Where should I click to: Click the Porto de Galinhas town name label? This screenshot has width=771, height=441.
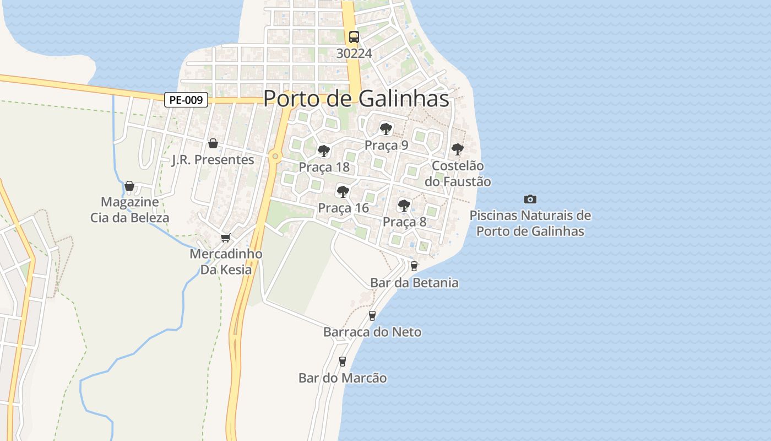coord(356,99)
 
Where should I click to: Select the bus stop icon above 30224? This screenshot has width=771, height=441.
coord(354,37)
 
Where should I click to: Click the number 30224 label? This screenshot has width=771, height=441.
coord(354,53)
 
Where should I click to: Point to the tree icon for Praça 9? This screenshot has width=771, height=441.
coord(385,129)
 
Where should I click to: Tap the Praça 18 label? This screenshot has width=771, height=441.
coord(324,167)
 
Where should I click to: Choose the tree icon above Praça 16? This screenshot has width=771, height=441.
coord(343,192)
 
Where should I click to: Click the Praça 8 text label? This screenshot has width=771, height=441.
coord(404,222)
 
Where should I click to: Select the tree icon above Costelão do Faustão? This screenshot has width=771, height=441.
coord(457,149)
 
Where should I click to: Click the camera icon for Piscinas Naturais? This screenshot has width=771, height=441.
coord(530,199)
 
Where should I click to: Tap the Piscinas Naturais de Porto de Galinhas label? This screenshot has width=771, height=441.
coord(530,223)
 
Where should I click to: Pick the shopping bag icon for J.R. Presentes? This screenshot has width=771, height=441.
coord(213,144)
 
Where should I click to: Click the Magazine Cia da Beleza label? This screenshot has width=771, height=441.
coord(130,209)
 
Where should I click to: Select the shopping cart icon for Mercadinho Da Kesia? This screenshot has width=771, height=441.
coord(225,238)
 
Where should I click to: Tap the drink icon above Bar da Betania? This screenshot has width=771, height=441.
coord(414,266)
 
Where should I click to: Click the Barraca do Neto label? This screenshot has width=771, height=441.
coord(372,332)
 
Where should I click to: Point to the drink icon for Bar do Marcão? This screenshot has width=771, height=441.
coord(343,362)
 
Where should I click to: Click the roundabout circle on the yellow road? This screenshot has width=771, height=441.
coord(275,157)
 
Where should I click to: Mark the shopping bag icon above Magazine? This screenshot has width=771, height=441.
coord(129,186)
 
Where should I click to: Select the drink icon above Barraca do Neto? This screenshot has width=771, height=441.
coord(372,315)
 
